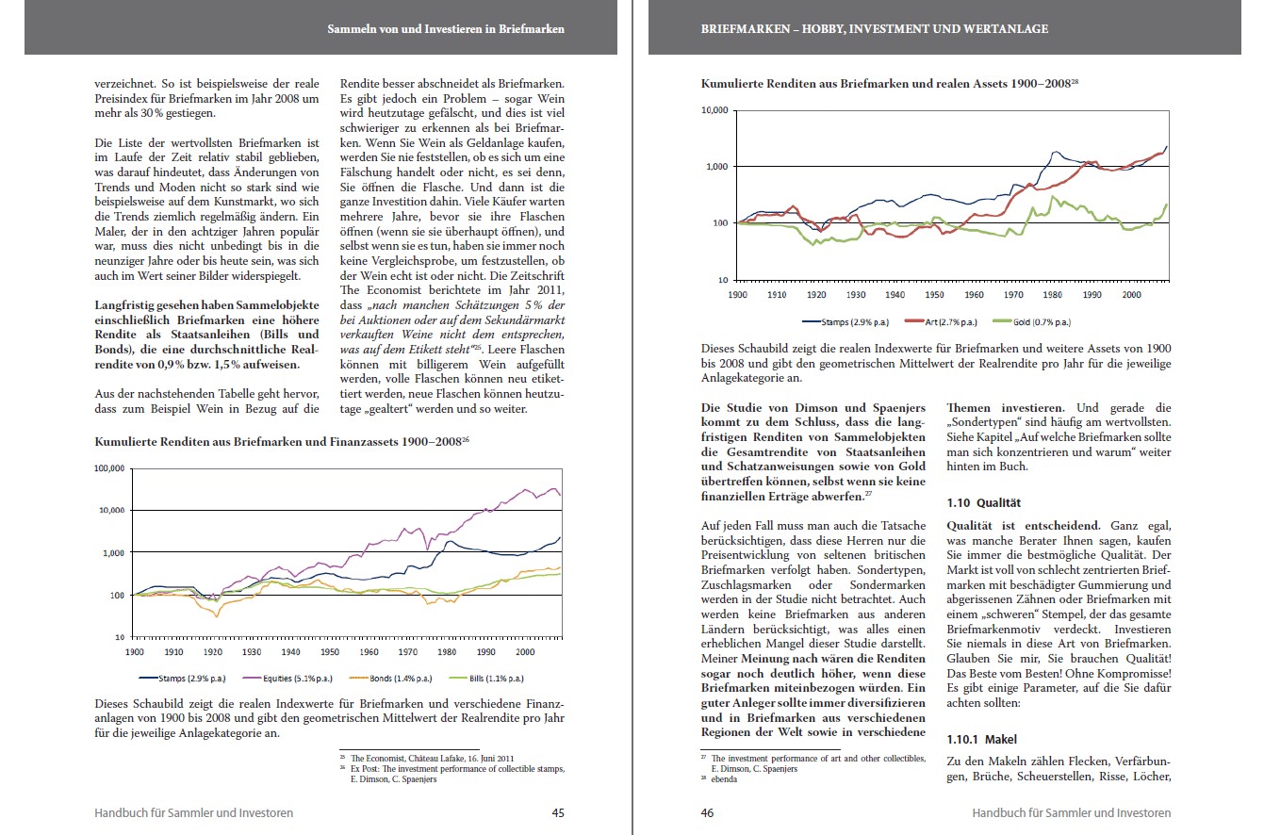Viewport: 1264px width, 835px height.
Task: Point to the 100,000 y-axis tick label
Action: [x=110, y=467]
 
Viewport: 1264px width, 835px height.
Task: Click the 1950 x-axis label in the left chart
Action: [x=329, y=651]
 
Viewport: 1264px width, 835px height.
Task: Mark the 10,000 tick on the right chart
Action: [x=714, y=111]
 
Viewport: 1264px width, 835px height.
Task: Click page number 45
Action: [x=558, y=812]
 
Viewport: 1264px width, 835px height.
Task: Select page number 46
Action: [x=709, y=812]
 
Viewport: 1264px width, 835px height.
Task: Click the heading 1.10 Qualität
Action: [x=984, y=503]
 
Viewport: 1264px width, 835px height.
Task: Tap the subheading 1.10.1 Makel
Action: [x=981, y=740]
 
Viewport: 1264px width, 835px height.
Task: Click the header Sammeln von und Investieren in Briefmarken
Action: [x=445, y=29]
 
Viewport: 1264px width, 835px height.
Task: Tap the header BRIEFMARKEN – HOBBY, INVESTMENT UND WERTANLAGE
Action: [x=875, y=29]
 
